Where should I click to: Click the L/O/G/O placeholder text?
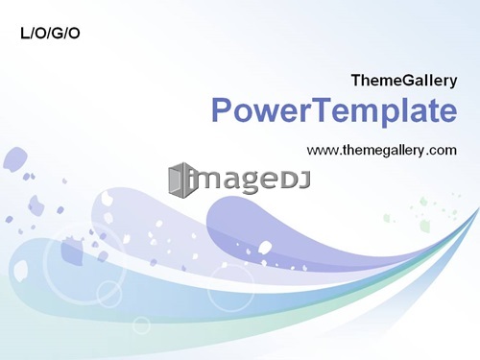click(50, 34)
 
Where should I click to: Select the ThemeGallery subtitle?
click(404, 81)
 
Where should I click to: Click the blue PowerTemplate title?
click(334, 110)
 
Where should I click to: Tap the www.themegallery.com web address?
click(382, 150)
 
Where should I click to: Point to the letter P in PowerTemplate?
click(221, 109)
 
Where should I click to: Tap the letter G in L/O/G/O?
click(57, 34)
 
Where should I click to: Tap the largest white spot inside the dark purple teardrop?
click(265, 247)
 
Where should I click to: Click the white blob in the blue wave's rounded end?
click(21, 271)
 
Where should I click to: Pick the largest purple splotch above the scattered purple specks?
click(14, 159)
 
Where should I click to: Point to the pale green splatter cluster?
click(425, 212)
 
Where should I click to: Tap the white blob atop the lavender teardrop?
click(106, 198)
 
